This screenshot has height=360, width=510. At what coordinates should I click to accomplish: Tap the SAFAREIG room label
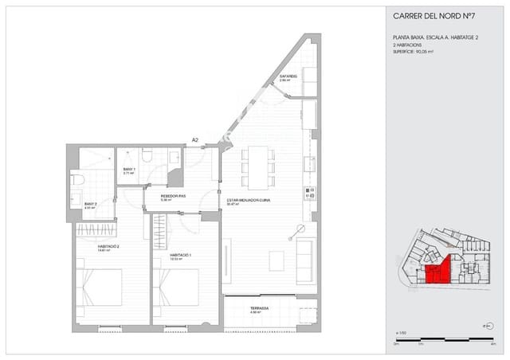[288, 77]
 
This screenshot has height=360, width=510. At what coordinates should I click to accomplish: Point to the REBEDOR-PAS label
[172, 198]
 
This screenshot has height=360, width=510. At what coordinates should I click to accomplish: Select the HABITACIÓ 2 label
[108, 248]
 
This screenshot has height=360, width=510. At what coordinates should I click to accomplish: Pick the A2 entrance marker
[194, 141]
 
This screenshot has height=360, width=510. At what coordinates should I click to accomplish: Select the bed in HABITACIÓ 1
[176, 287]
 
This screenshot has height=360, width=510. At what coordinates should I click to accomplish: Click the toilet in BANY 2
[77, 180]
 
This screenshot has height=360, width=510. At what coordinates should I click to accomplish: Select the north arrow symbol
[488, 326]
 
